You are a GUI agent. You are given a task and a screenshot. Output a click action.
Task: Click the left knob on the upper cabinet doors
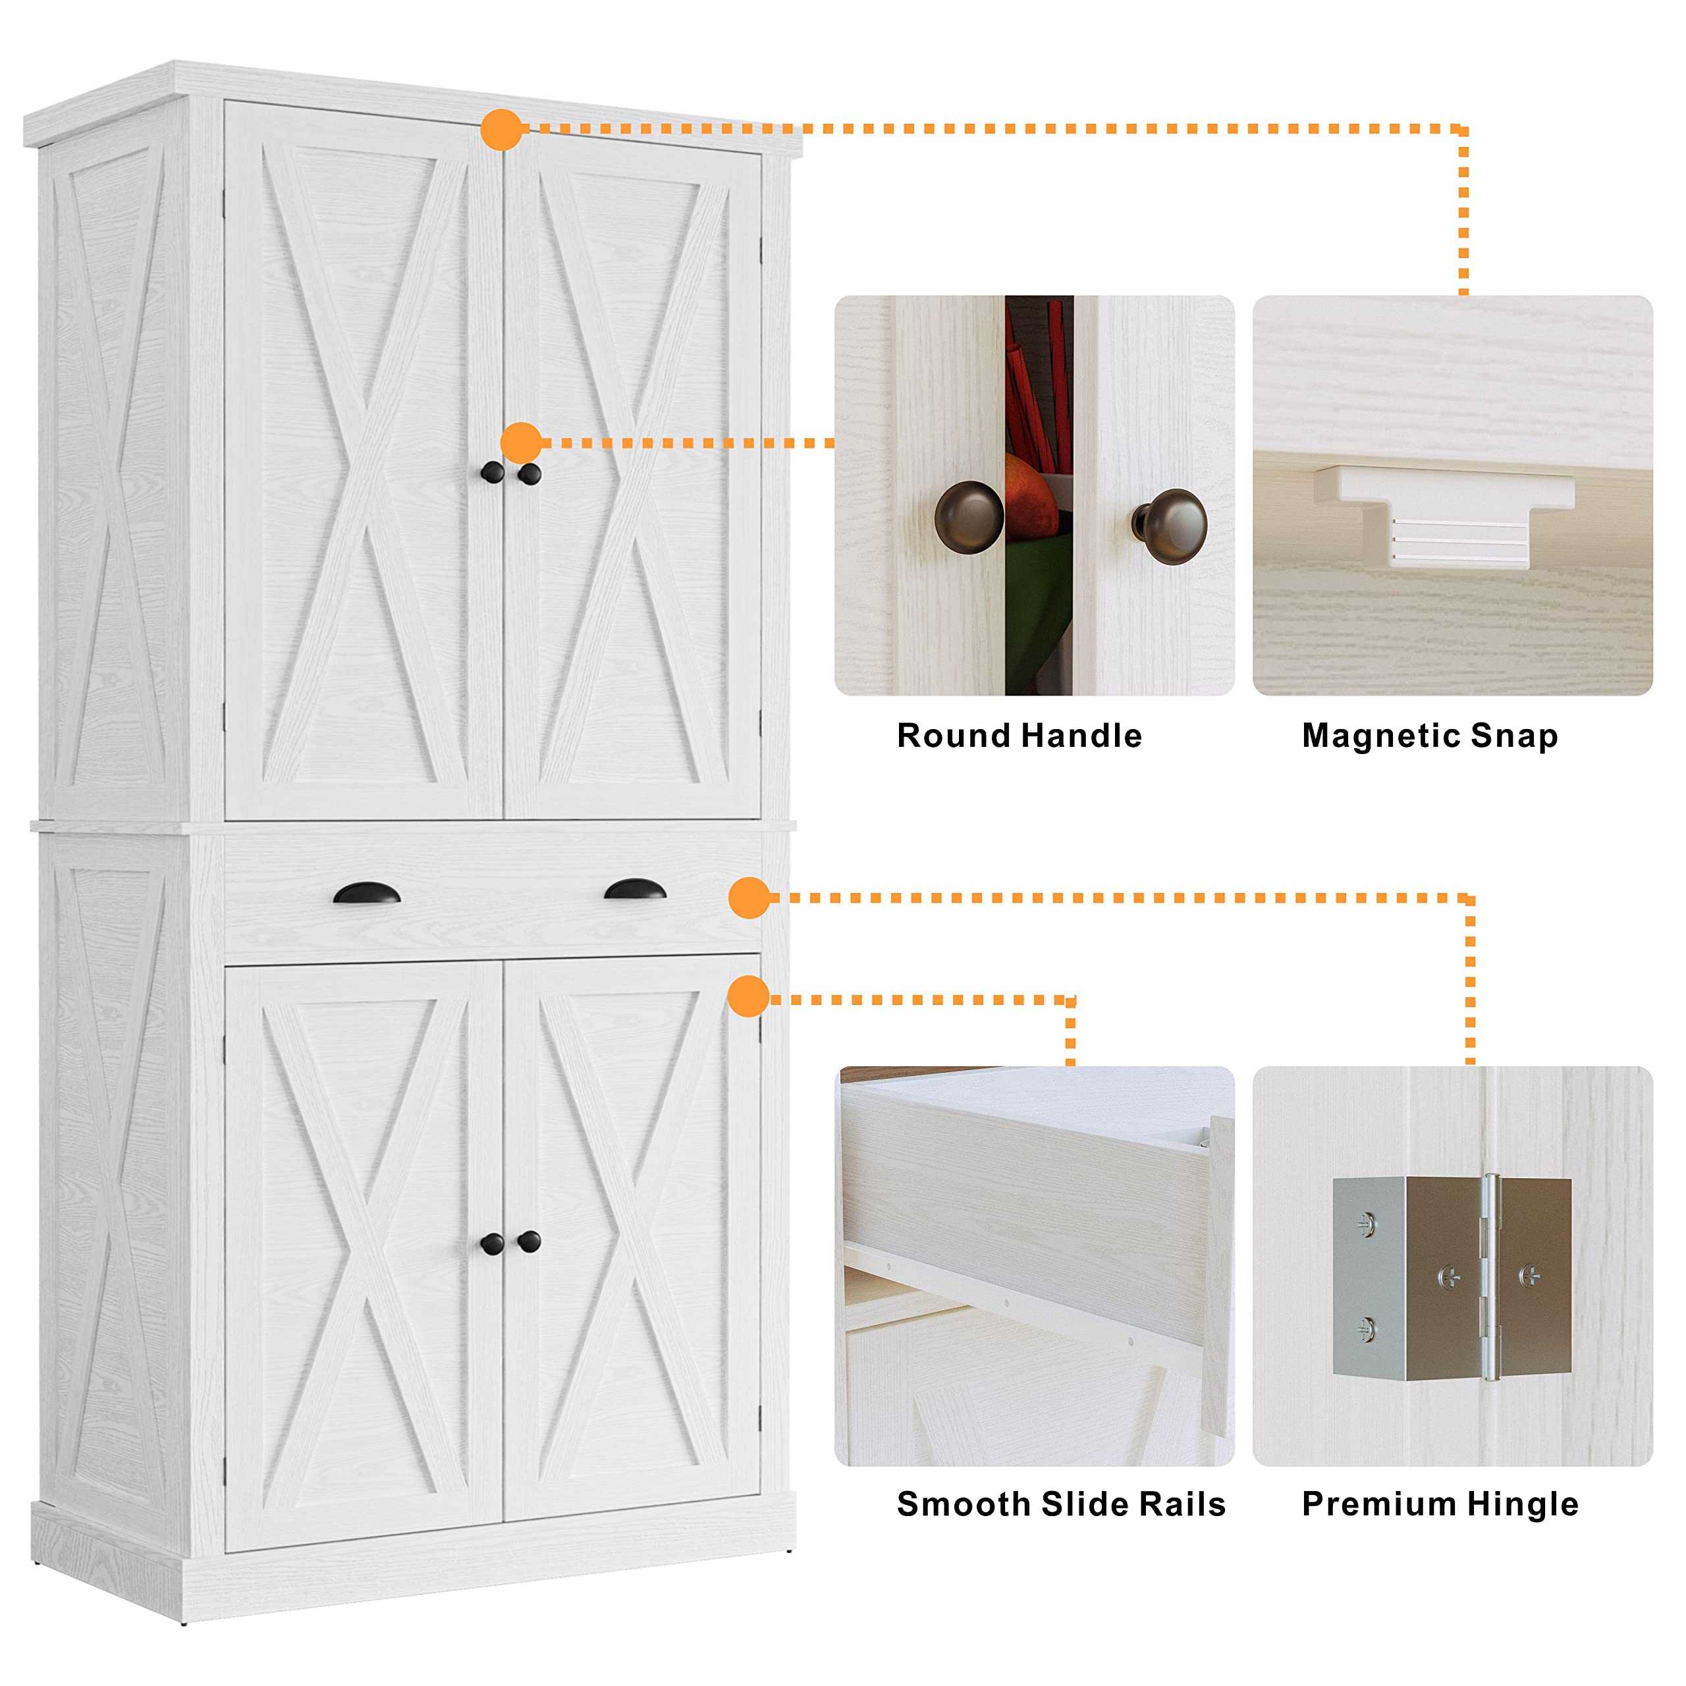pyautogui.click(x=492, y=472)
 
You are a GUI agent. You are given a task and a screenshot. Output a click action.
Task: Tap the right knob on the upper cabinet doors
pyautogui.click(x=530, y=474)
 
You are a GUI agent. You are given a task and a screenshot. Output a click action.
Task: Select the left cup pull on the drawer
pyautogui.click(x=367, y=893)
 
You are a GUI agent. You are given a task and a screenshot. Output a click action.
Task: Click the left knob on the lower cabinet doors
pyautogui.click(x=492, y=1243)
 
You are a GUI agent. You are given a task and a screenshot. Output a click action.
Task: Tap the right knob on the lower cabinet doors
pyautogui.click(x=529, y=1240)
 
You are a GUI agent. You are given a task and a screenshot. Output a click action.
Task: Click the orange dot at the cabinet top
pyautogui.click(x=502, y=129)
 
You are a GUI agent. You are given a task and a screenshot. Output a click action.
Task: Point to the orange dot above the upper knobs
pyautogui.click(x=522, y=443)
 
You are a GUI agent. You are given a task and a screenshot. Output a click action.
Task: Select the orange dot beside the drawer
pyautogui.click(x=749, y=898)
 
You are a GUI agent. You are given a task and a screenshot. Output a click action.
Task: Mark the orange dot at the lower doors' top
pyautogui.click(x=748, y=996)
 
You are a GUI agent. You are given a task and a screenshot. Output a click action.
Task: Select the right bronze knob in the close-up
pyautogui.click(x=1171, y=526)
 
